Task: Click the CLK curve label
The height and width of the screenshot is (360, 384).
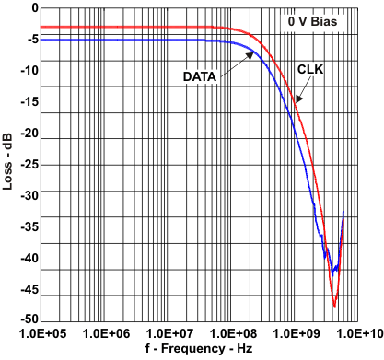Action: click(x=310, y=68)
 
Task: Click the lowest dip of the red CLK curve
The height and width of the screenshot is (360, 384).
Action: click(x=334, y=305)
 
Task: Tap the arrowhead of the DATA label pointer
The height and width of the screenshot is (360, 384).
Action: click(x=253, y=53)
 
